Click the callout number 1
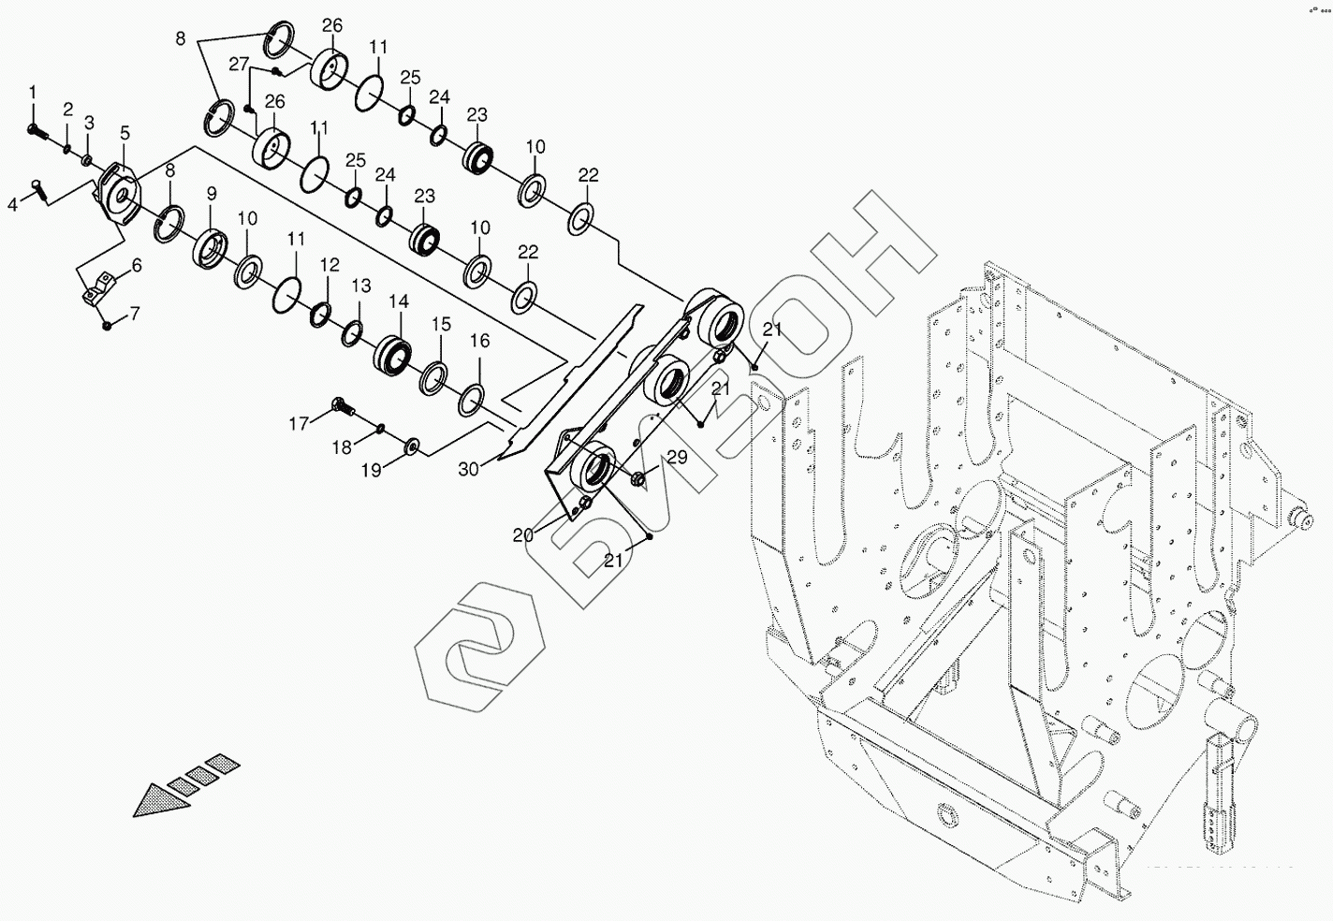click(33, 92)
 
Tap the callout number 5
click(125, 133)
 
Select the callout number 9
click(212, 194)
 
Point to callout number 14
click(399, 301)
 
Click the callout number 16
click(479, 342)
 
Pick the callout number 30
click(469, 468)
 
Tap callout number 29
click(676, 458)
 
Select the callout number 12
click(330, 265)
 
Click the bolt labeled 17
click(343, 407)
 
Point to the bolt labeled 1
click(36, 130)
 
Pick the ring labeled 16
click(472, 400)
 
